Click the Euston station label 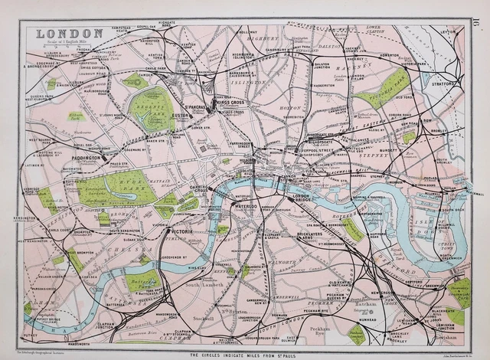(203, 116)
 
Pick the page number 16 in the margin (479, 26)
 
